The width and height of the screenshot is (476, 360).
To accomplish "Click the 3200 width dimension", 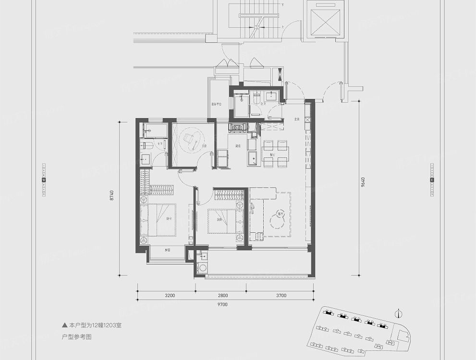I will [167, 296].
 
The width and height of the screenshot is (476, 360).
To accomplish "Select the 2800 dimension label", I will [221, 296].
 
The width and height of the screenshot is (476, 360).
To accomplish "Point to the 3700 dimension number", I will [280, 296].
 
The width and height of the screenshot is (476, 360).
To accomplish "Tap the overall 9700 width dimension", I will [221, 305].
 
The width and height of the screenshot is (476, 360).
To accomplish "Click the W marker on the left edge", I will [44, 180].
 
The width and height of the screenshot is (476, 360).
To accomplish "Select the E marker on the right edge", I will [432, 180].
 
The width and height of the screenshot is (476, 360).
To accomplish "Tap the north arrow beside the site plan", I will [398, 314].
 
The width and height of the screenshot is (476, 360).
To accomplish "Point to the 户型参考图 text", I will [77, 337].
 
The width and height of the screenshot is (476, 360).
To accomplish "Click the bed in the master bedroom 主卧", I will [159, 219].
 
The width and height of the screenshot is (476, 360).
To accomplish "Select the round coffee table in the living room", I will [277, 221].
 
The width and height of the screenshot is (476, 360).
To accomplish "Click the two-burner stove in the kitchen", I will [237, 127].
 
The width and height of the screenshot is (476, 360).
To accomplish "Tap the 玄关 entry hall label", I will [296, 119].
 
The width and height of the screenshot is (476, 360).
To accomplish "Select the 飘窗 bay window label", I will [167, 250].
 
